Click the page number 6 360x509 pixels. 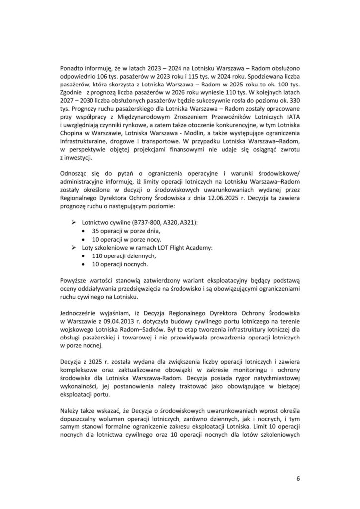click(297, 479)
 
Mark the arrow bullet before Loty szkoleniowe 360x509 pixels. click(74, 247)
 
